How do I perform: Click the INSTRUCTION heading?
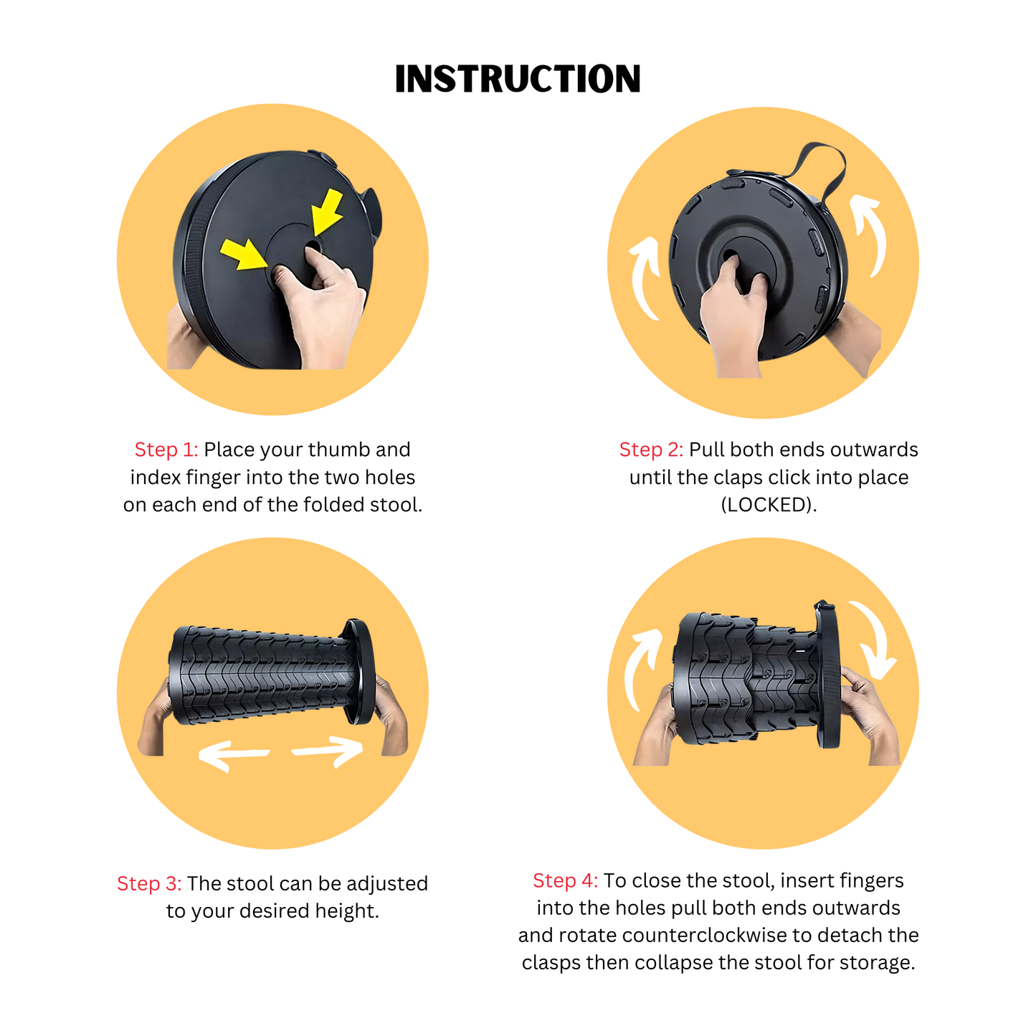pyautogui.click(x=518, y=79)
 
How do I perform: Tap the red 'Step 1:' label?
pyautogui.click(x=166, y=450)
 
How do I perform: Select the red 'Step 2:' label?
pyautogui.click(x=650, y=450)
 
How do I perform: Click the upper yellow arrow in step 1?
pyautogui.click(x=328, y=212)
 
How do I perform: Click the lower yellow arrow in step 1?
pyautogui.click(x=244, y=255)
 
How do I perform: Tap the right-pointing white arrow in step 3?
pyautogui.click(x=328, y=751)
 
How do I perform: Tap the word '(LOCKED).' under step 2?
pyautogui.click(x=769, y=505)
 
